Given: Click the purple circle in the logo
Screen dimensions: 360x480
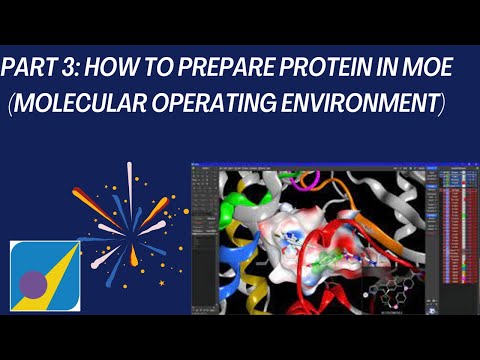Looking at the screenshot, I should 33,284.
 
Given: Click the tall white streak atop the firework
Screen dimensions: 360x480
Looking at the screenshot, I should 129,181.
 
